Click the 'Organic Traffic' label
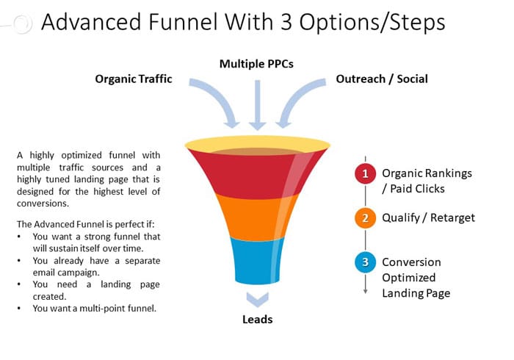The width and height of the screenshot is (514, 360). (134, 79)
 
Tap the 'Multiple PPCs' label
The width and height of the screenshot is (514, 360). (256, 64)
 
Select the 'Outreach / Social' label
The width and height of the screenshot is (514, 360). (382, 79)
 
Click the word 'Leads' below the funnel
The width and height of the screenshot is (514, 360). (257, 320)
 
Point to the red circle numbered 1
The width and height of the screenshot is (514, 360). (365, 173)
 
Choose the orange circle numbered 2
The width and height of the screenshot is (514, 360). (365, 218)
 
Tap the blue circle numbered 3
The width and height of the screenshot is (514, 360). (365, 262)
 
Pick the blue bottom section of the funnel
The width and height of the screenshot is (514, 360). (257, 261)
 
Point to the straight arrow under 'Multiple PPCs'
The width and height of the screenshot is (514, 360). (257, 105)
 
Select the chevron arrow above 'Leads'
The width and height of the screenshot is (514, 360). (257, 300)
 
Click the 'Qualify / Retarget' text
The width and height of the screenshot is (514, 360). (428, 217)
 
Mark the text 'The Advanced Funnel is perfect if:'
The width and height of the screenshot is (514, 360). (86, 224)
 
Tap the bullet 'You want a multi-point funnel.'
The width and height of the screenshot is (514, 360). (95, 309)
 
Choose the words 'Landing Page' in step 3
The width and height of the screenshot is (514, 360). (416, 293)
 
